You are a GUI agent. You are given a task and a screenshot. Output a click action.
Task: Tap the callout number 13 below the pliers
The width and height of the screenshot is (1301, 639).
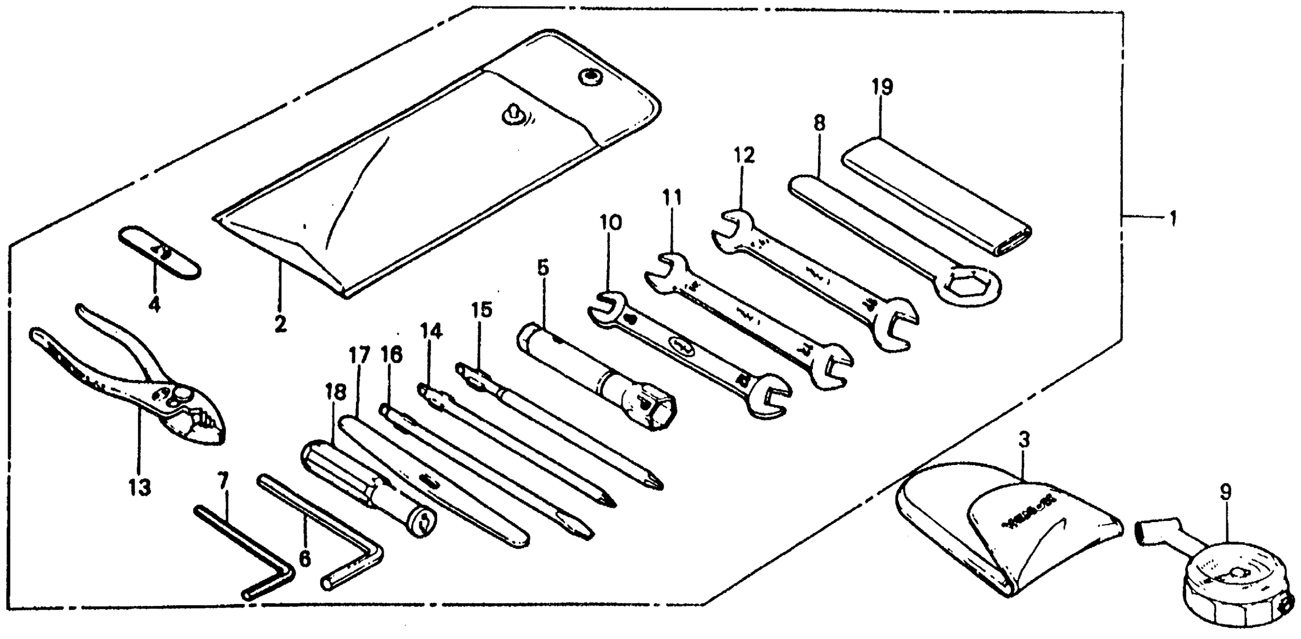(139, 488)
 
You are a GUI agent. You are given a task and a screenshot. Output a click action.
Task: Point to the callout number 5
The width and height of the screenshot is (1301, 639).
(543, 268)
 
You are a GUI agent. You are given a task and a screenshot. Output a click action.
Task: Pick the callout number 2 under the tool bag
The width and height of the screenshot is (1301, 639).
(281, 323)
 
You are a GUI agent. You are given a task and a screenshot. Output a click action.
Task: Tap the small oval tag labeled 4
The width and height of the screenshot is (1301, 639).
(160, 252)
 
